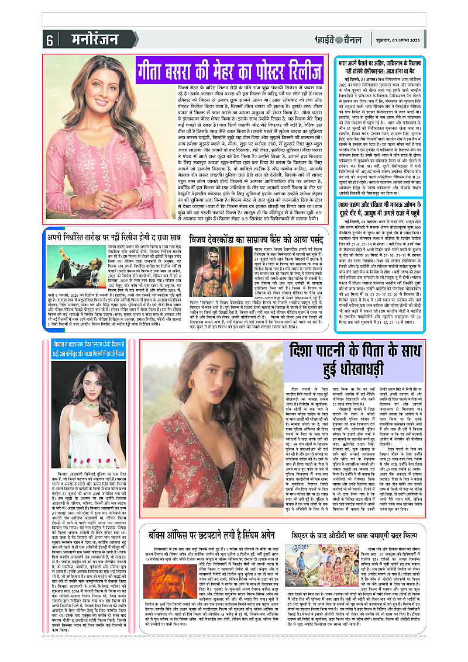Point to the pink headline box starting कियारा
[88, 346]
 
